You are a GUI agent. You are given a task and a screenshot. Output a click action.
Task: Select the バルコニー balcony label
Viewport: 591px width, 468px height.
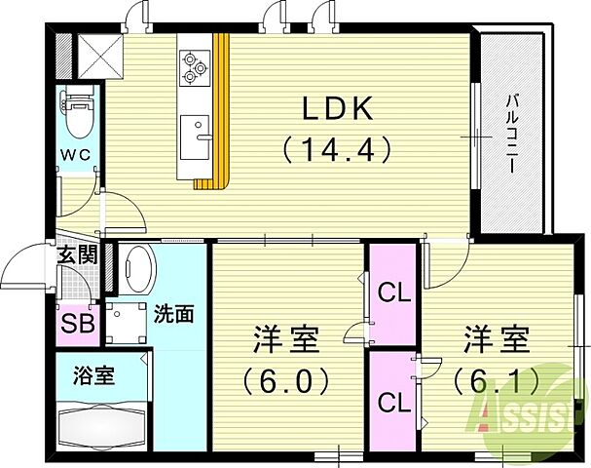click(510, 132)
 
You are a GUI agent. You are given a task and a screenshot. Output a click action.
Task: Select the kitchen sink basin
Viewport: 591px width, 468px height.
click(194, 127)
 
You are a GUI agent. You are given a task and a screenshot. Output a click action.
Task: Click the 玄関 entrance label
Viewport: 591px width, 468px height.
click(77, 256)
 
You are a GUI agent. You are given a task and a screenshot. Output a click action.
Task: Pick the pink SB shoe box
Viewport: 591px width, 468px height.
click(78, 323)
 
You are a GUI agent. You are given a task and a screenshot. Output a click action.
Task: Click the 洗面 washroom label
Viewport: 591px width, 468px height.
click(173, 314)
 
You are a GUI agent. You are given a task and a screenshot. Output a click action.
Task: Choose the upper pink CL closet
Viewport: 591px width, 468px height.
click(392, 292)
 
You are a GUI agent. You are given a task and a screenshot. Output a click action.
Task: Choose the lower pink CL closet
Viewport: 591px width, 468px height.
click(392, 401)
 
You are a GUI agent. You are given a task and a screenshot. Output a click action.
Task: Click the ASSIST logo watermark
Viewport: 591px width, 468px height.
click(531, 409)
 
